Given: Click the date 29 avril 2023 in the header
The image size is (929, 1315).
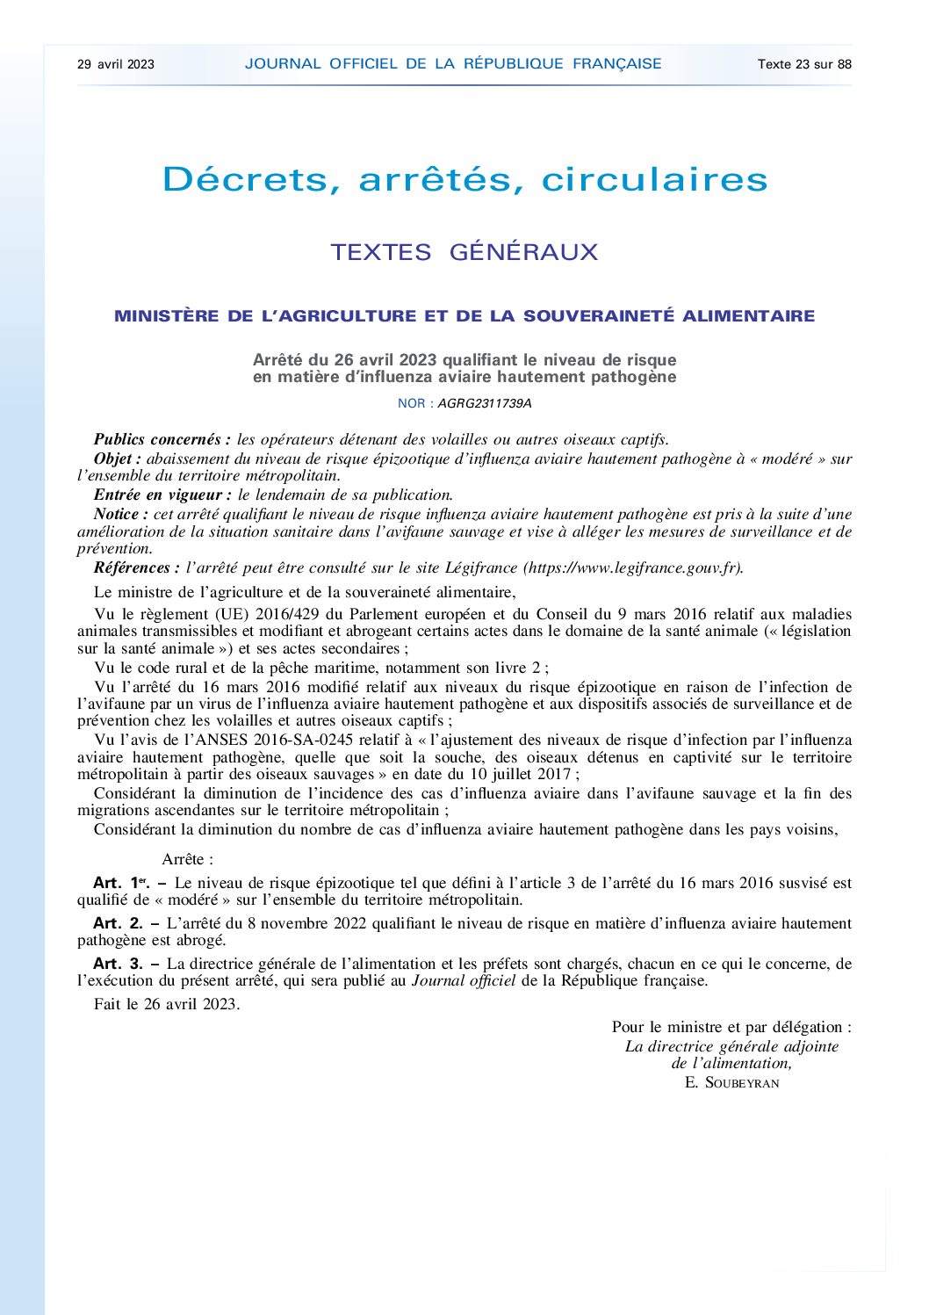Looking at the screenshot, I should pos(116,64).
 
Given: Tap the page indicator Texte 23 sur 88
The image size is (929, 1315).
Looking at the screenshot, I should pos(804,64).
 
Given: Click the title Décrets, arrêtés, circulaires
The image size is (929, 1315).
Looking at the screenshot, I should pos(464,179).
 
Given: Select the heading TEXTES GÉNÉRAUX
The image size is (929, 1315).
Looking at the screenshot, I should pos(464,252).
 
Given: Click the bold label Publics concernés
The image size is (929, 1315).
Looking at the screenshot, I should pos(162,439).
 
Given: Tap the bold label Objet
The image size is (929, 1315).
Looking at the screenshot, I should pos(117,459).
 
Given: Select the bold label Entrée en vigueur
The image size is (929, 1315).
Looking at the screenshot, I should pos(162,495).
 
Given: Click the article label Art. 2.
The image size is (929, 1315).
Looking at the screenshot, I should pos(118,923).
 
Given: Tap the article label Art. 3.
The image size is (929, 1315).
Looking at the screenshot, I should pos(118,964).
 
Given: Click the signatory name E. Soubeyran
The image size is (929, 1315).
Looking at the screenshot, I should pos(731,1082).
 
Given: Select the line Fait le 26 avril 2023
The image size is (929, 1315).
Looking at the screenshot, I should pos(167,1004).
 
